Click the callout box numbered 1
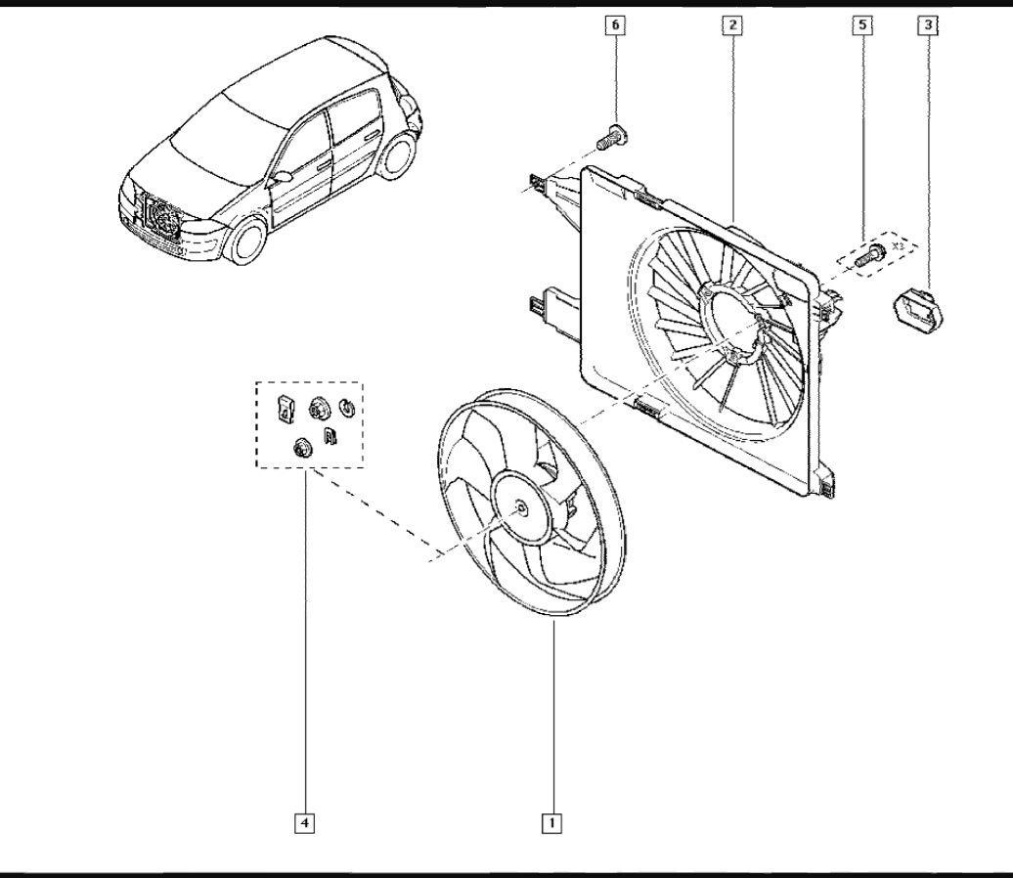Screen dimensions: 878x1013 [553, 823]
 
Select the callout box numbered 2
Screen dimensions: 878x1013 [731, 26]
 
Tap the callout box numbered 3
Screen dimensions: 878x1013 [925, 26]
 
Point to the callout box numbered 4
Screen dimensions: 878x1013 [305, 823]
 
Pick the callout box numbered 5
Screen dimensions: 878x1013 [861, 26]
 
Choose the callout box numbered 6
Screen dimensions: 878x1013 [615, 26]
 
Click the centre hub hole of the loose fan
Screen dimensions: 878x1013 [520, 506]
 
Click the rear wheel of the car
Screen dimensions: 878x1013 [397, 157]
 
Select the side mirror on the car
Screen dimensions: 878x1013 [281, 178]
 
